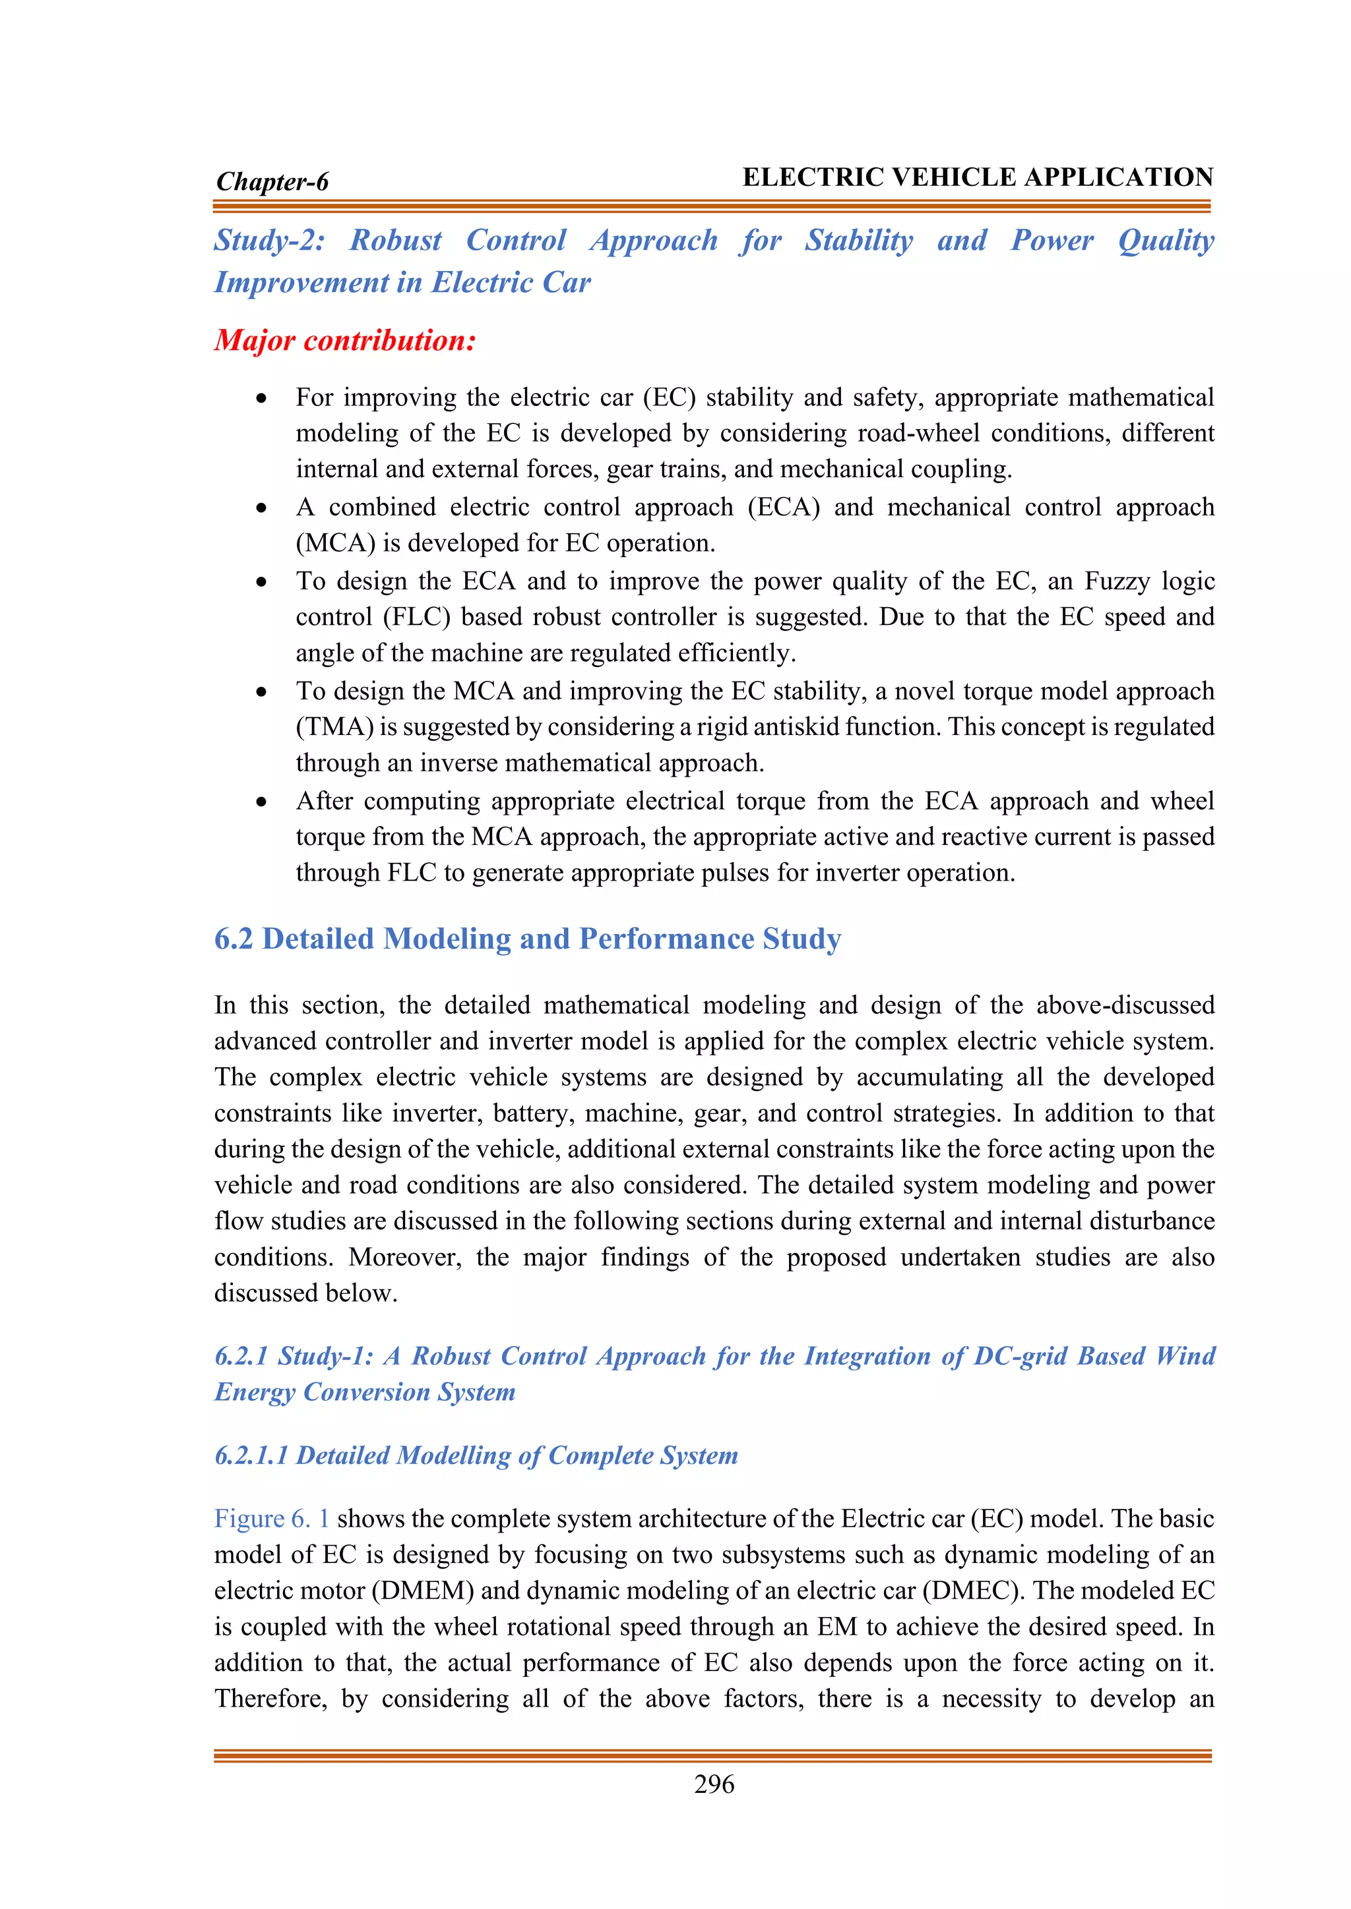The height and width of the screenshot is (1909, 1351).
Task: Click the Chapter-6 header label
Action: point(272,181)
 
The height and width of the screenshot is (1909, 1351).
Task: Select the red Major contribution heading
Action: point(345,340)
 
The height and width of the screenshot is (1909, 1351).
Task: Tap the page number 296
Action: point(714,1784)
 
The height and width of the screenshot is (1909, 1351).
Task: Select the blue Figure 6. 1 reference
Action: point(272,1518)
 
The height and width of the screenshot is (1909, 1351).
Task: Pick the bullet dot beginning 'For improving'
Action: point(262,399)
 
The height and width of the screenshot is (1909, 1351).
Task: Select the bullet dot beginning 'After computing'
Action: point(262,802)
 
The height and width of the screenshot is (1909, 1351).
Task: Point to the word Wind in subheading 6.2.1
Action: point(1185,1356)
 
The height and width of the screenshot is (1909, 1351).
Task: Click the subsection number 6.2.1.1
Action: point(251,1455)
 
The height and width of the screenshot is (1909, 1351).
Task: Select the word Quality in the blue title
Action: point(1166,241)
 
